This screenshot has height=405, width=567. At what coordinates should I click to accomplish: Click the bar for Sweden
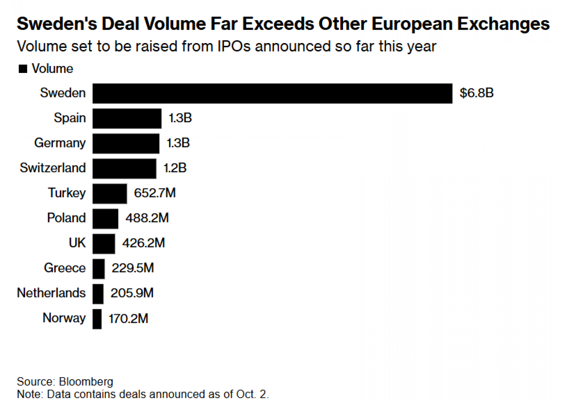click(272, 93)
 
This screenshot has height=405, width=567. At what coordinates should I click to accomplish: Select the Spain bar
click(127, 118)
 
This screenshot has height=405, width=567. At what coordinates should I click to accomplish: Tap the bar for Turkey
click(109, 194)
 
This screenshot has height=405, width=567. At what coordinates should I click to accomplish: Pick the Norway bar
click(97, 319)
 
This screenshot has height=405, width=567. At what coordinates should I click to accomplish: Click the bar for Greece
click(98, 269)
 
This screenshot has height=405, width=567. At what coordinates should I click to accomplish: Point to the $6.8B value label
click(476, 93)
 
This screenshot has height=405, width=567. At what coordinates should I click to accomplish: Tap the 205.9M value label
click(132, 293)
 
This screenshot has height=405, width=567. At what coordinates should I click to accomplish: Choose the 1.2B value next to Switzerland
click(175, 168)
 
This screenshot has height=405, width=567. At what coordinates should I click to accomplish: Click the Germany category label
click(60, 143)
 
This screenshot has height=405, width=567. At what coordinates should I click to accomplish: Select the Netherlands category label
click(51, 293)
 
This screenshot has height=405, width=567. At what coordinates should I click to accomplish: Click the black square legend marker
click(23, 69)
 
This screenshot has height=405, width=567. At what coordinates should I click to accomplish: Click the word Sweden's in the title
click(57, 24)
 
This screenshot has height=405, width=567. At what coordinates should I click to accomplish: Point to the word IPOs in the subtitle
click(234, 46)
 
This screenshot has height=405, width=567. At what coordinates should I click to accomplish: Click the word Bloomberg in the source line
click(86, 382)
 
